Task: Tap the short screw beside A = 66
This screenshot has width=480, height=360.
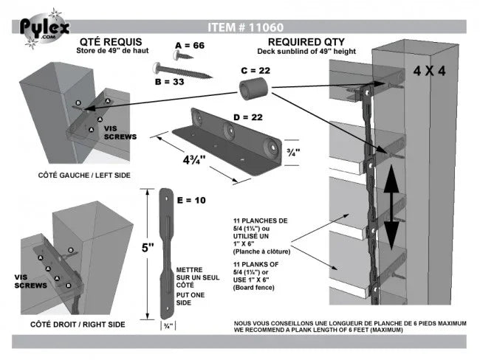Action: [x=182, y=54]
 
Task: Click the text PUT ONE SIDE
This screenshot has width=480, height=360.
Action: [x=190, y=298]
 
